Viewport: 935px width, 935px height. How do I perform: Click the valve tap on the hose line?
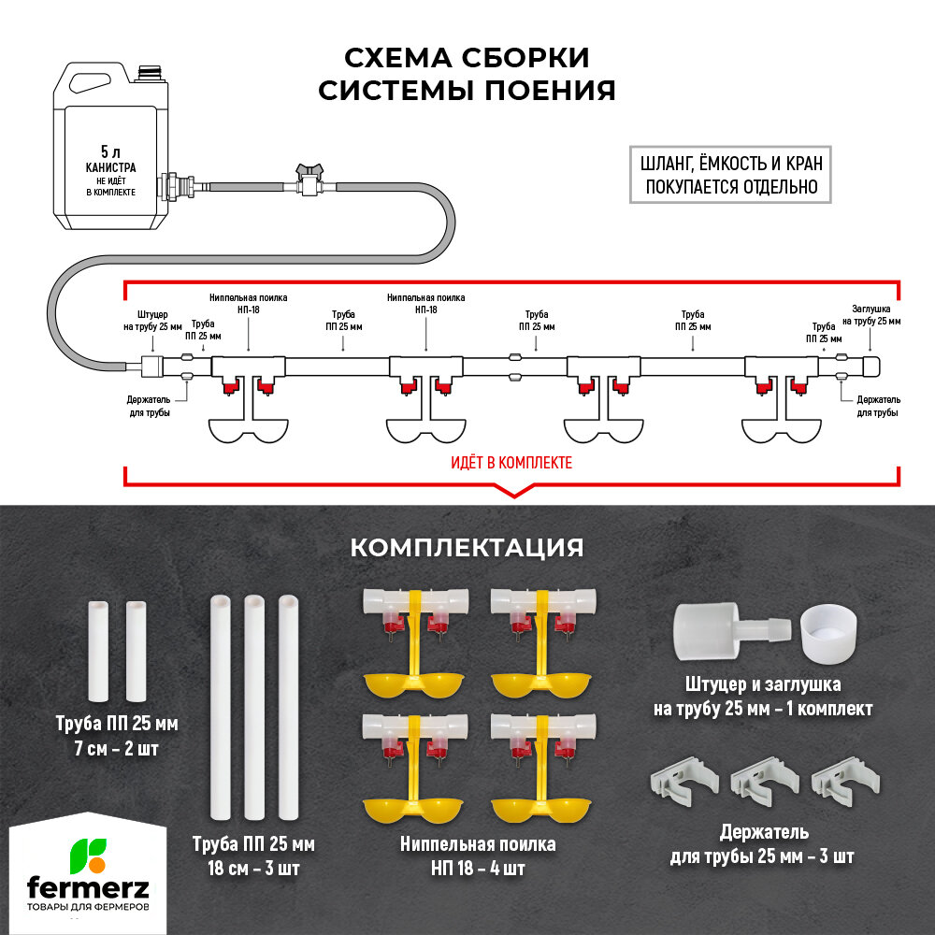point(309,179)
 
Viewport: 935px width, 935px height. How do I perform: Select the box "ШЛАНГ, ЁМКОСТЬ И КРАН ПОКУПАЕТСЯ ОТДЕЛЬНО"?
point(731,173)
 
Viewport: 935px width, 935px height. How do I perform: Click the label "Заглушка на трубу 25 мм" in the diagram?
point(876,314)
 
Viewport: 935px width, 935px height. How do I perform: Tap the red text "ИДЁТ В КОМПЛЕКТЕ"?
point(511,462)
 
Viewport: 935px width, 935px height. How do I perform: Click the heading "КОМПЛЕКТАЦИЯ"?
point(467,547)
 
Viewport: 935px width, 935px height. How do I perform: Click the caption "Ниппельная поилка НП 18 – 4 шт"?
point(478,856)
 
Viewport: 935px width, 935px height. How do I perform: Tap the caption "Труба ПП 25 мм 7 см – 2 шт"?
point(117,736)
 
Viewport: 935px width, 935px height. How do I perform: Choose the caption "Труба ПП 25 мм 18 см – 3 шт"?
point(253,856)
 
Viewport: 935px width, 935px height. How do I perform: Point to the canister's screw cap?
point(149,71)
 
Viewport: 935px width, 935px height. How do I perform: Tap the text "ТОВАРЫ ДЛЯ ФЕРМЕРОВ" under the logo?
point(88,908)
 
